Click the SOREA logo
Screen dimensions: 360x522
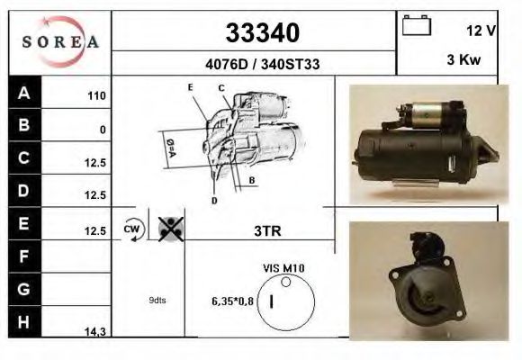pos(59,42)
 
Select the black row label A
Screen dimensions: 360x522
pos(24,94)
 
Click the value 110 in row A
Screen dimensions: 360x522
pos(96,95)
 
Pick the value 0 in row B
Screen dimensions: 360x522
pos(103,130)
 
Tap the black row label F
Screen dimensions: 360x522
pos(24,256)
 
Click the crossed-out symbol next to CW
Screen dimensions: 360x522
pos(167,229)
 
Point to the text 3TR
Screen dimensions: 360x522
pos(268,230)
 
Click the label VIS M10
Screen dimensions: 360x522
pos(283,267)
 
